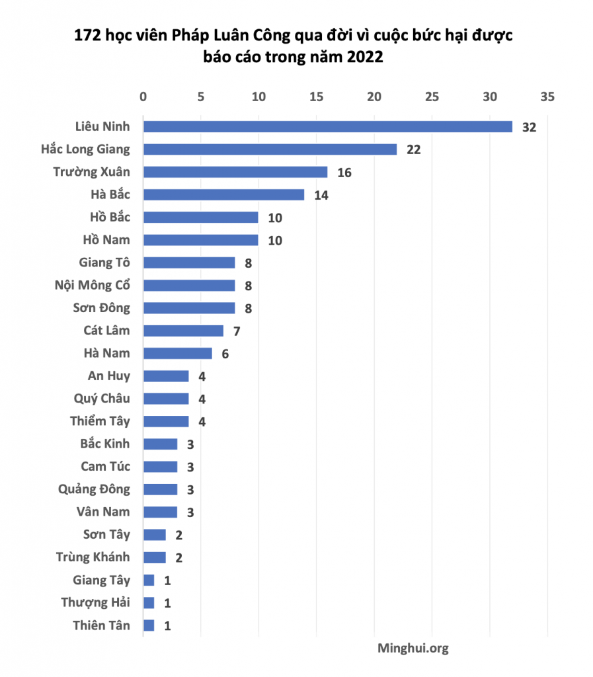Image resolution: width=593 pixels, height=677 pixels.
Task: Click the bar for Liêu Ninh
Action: click(x=327, y=126)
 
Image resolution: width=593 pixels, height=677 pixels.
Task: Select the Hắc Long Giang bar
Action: click(x=270, y=149)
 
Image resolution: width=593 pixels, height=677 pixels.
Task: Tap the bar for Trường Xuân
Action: click(x=235, y=172)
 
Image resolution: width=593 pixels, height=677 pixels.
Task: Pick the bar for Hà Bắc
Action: click(x=223, y=194)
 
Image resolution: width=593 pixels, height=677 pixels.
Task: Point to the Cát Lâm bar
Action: click(x=183, y=331)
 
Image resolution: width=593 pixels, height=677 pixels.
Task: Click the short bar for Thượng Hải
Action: click(x=149, y=603)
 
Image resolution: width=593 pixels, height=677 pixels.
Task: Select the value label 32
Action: click(x=529, y=127)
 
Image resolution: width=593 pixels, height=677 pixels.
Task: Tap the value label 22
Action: click(x=413, y=149)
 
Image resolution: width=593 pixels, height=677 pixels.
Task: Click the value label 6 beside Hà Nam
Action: click(x=225, y=354)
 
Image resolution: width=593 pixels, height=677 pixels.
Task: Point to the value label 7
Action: click(x=236, y=331)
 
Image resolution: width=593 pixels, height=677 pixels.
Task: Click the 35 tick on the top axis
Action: click(x=547, y=97)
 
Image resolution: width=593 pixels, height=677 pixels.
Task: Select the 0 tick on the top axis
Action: click(x=143, y=97)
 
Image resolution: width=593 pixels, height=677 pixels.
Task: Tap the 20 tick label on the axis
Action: click(x=374, y=97)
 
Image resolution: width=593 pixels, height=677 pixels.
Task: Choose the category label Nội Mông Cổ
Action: click(x=93, y=286)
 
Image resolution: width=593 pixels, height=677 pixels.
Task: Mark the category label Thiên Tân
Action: click(x=101, y=625)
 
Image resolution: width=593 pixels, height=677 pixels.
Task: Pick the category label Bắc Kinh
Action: click(x=105, y=444)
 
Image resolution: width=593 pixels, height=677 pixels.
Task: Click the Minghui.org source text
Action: click(x=413, y=649)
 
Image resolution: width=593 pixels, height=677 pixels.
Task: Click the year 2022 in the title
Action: click(x=362, y=58)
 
